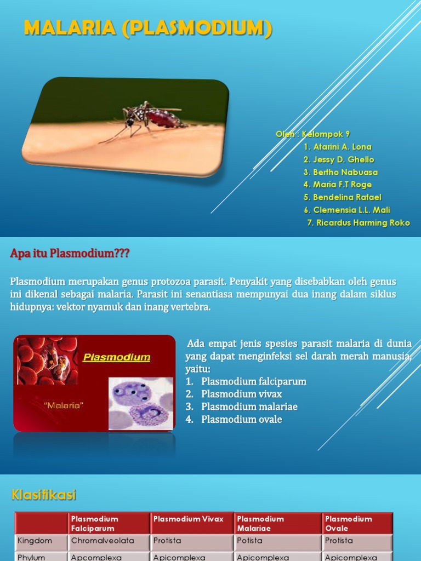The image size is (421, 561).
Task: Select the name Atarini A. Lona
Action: pyautogui.click(x=337, y=147)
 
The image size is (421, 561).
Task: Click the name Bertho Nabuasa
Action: pyautogui.click(x=340, y=172)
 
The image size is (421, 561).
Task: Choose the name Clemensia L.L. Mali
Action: pyautogui.click(x=346, y=210)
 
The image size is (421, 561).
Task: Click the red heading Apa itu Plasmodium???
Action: pyautogui.click(x=70, y=254)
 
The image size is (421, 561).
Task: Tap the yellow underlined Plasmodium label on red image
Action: pyautogui.click(x=116, y=358)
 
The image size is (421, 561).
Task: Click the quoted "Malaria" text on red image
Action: pyautogui.click(x=64, y=406)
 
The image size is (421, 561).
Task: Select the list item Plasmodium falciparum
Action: pyautogui.click(x=253, y=381)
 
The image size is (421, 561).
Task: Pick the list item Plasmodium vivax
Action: pyautogui.click(x=241, y=394)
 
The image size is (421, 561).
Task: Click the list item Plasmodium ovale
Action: pyautogui.click(x=241, y=420)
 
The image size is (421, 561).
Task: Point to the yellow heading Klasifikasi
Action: pyautogui.click(x=44, y=495)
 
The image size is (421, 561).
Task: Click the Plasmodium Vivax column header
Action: pyautogui.click(x=189, y=519)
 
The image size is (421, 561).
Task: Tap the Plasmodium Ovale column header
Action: pyautogui.click(x=349, y=523)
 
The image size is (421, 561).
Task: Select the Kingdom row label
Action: pyautogui.click(x=35, y=541)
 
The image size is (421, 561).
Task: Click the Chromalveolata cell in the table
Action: pyautogui.click(x=103, y=541)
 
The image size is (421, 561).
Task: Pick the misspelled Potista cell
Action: pyautogui.click(x=250, y=541)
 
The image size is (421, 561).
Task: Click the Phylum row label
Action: pyautogui.click(x=31, y=557)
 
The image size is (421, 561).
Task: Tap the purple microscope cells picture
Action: pyautogui.click(x=140, y=403)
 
